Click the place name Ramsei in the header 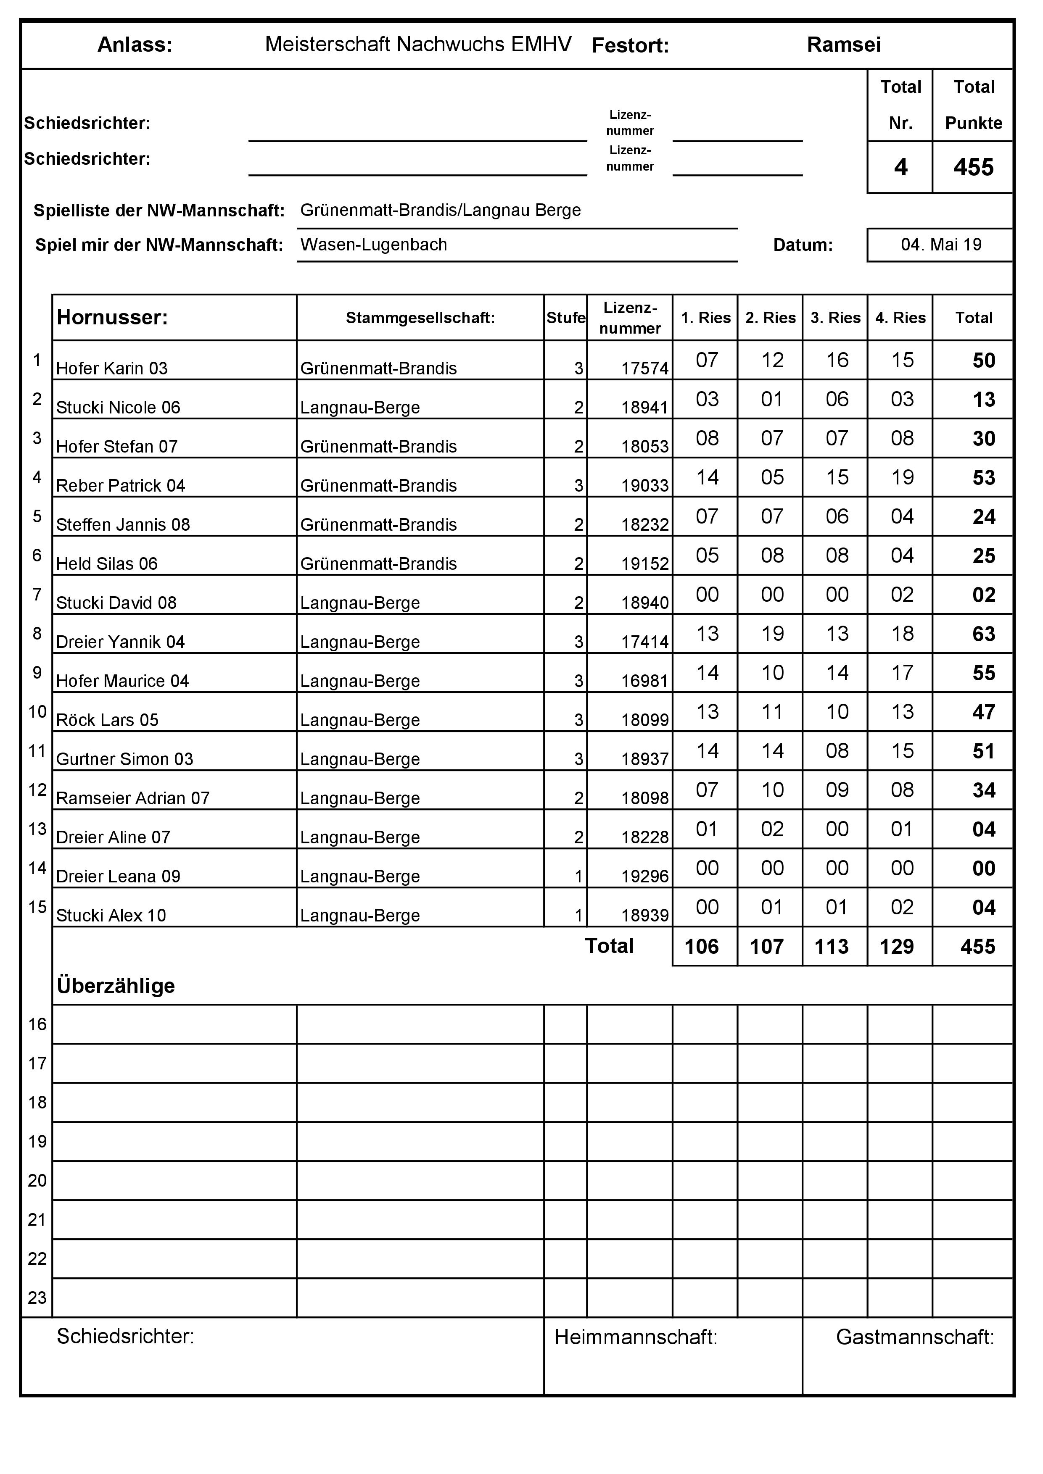tap(843, 45)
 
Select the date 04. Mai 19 tap(941, 245)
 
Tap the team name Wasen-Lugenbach tap(373, 245)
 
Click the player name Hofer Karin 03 tap(112, 368)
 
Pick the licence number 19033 tap(645, 486)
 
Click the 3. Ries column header tap(835, 318)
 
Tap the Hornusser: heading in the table tap(112, 317)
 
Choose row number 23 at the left tap(37, 1298)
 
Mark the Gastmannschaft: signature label tap(914, 1337)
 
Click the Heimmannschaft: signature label tap(636, 1337)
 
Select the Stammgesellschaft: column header tap(420, 318)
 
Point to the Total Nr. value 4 tap(900, 168)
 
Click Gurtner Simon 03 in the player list tap(124, 759)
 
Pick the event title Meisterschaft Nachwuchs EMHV tap(418, 44)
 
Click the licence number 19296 tap(645, 877)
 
